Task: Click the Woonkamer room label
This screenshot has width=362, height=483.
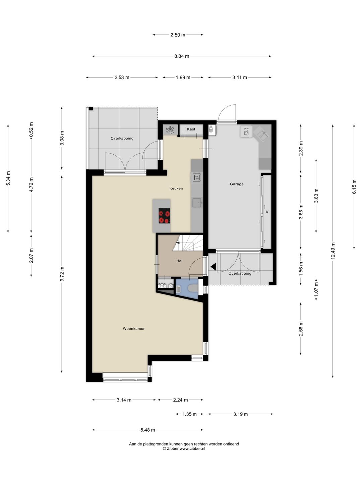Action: click(x=134, y=328)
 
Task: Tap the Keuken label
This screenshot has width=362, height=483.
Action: click(x=176, y=188)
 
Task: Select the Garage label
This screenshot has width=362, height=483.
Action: click(x=237, y=184)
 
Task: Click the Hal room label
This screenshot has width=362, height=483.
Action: click(x=179, y=261)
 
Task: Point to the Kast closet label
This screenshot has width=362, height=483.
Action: click(x=191, y=129)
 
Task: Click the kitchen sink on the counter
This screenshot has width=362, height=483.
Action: click(x=197, y=203)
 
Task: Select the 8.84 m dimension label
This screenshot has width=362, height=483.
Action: click(x=182, y=56)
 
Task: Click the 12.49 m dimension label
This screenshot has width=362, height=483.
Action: click(x=333, y=251)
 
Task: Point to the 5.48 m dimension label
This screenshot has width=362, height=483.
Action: click(x=148, y=430)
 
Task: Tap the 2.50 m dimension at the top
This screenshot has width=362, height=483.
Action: click(x=178, y=35)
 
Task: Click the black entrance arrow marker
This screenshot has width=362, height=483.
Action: click(x=213, y=267)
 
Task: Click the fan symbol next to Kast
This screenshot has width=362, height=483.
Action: click(x=170, y=130)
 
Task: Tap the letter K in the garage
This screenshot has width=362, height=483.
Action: click(x=267, y=212)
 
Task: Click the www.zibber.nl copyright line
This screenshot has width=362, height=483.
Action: click(x=184, y=448)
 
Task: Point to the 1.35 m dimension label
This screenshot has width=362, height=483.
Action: click(x=189, y=414)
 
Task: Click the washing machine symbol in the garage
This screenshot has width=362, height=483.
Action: click(x=246, y=131)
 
